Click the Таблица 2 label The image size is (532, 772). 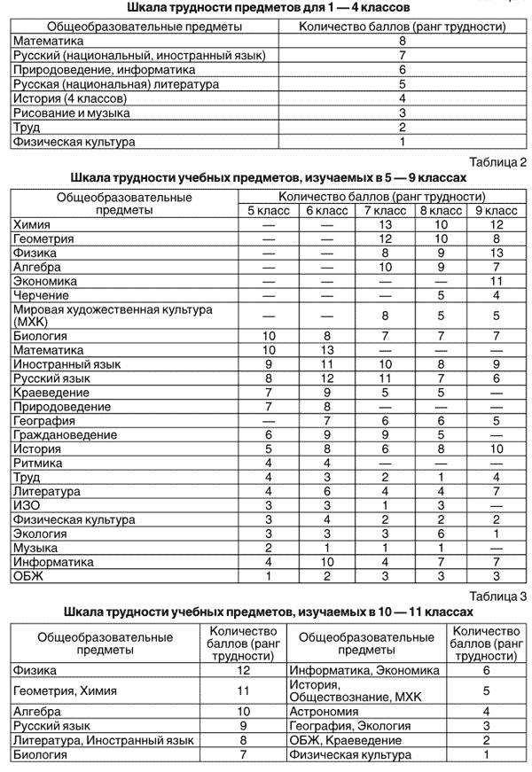(498, 161)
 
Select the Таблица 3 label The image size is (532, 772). (498, 597)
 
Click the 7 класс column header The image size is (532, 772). (386, 210)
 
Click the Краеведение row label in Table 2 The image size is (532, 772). (51, 393)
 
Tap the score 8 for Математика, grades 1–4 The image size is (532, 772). (403, 41)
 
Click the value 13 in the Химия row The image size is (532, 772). (386, 225)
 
